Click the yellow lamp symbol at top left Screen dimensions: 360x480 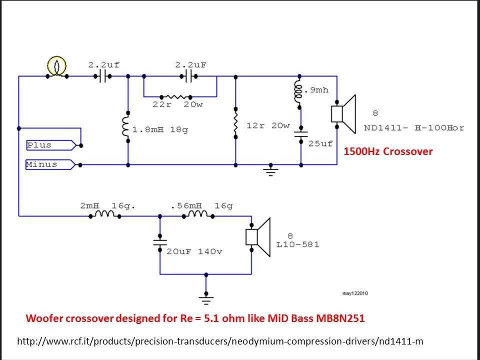pyautogui.click(x=57, y=66)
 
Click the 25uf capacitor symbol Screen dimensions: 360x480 pyautogui.click(x=301, y=133)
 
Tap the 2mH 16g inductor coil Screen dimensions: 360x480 pyautogui.click(x=105, y=215)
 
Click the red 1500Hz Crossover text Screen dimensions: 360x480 pyautogui.click(x=387, y=151)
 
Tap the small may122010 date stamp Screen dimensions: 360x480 pyautogui.click(x=355, y=293)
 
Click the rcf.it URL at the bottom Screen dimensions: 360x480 pyautogui.click(x=220, y=341)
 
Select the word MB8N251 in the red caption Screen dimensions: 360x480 pyautogui.click(x=339, y=318)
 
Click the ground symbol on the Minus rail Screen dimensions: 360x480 pyautogui.click(x=271, y=171)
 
